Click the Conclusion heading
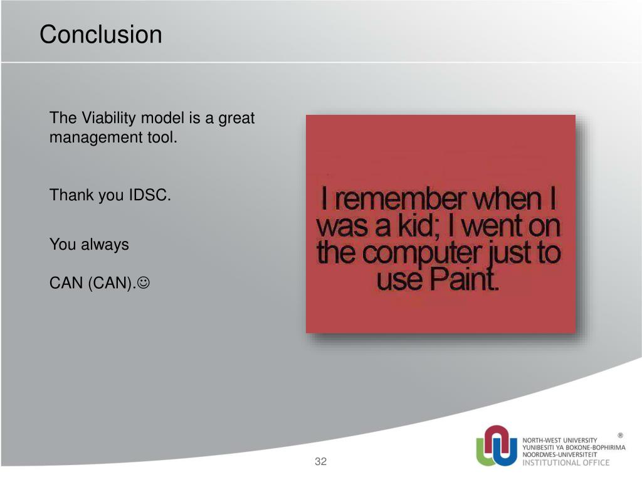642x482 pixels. (101, 34)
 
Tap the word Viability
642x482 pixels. (108, 118)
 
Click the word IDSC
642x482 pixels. (149, 195)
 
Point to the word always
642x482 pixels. (105, 244)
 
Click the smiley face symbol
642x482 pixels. (144, 282)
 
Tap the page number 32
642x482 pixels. (320, 461)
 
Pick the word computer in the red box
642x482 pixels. (421, 254)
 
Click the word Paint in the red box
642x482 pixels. (464, 279)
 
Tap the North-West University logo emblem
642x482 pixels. (497, 446)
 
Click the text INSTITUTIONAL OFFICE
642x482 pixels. (566, 463)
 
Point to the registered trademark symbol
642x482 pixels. (620, 436)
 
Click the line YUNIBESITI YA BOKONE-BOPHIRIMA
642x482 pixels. (574, 447)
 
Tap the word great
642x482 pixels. (236, 119)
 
